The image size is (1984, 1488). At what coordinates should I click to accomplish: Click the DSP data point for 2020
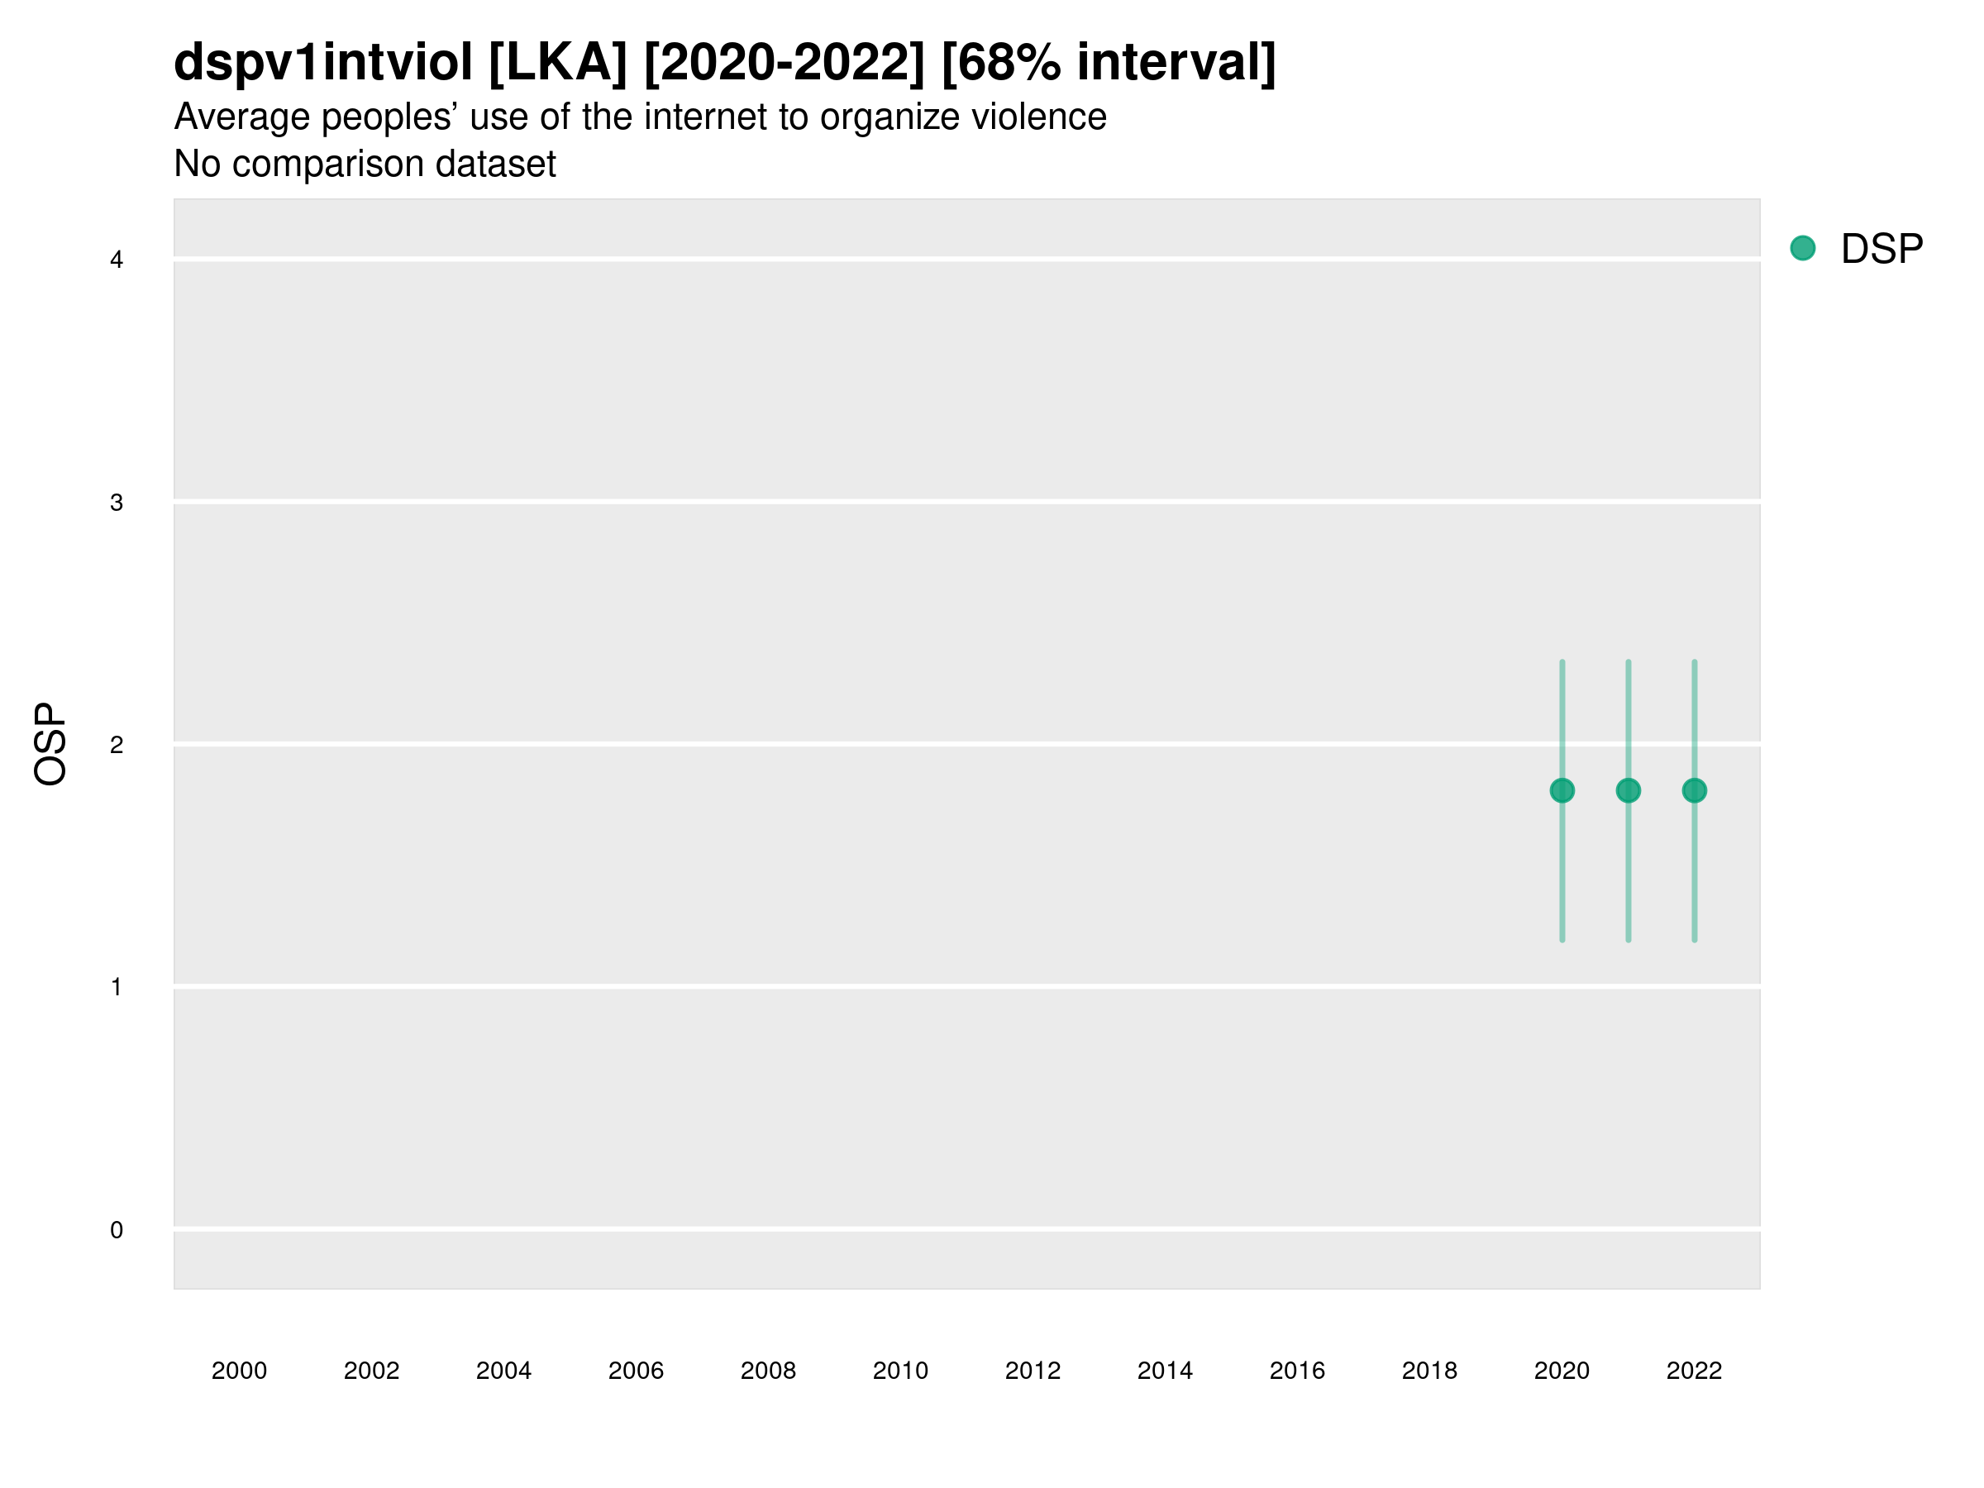tap(1562, 790)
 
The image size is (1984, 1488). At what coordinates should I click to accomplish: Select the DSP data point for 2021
tap(1628, 790)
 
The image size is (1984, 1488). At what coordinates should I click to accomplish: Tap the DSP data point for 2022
tap(1695, 790)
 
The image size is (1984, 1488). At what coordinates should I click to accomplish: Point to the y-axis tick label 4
tap(117, 260)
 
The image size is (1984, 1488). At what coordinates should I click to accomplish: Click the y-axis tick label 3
tap(117, 503)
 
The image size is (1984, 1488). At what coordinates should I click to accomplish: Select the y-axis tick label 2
tap(117, 745)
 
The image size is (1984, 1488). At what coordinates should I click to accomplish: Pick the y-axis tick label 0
tap(117, 1230)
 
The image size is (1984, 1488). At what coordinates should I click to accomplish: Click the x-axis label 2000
tap(239, 1371)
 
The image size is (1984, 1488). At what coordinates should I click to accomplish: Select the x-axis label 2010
tap(900, 1371)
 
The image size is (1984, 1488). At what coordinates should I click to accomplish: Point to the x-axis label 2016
tap(1297, 1371)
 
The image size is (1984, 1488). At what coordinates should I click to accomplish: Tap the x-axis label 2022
tap(1695, 1371)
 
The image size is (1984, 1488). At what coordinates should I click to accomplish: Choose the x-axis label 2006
tap(636, 1371)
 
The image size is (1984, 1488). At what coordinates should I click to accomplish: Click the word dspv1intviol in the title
tap(323, 63)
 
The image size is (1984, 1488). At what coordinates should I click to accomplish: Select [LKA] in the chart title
tap(557, 63)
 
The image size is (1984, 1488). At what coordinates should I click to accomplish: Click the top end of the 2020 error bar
tap(1562, 663)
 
